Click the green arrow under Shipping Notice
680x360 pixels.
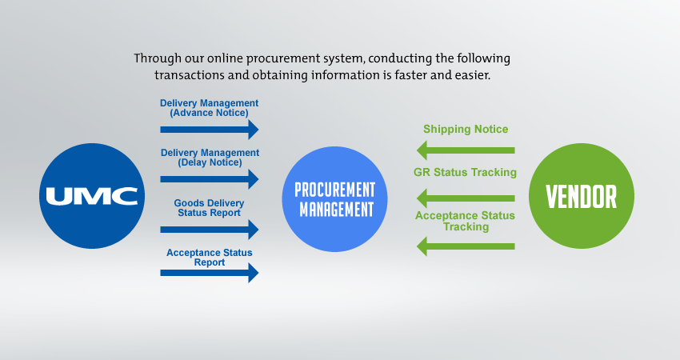point(466,150)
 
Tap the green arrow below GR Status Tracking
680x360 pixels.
point(466,197)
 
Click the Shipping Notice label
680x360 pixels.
point(466,130)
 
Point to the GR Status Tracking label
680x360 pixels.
point(465,172)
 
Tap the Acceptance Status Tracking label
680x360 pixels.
point(465,221)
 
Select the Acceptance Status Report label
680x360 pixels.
point(210,258)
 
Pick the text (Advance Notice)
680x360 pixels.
point(210,113)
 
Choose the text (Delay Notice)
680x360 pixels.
point(210,162)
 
